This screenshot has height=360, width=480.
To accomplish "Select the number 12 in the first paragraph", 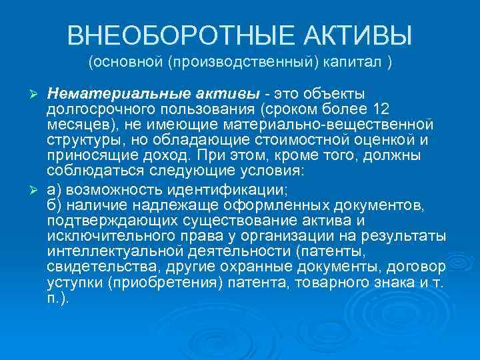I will click(x=382, y=109).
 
